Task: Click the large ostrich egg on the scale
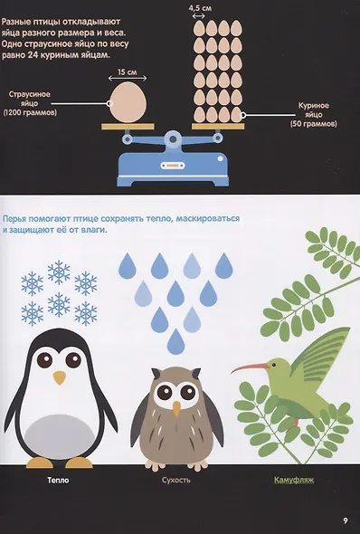coord(128,102)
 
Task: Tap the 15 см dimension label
coord(128,72)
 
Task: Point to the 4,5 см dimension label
coord(201,8)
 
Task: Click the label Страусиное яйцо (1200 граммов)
coord(30,103)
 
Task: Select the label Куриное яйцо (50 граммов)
coord(313,115)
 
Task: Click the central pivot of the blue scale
coord(173,139)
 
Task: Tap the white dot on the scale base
coord(220,158)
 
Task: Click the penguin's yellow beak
coord(60,377)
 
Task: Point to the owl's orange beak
coord(176,409)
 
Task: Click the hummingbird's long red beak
coord(250,367)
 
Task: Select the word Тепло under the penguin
coord(58,481)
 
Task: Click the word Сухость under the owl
coord(175,481)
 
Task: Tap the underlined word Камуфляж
coord(294,481)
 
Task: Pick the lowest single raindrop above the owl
coord(175,341)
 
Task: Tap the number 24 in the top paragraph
coord(33,55)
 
